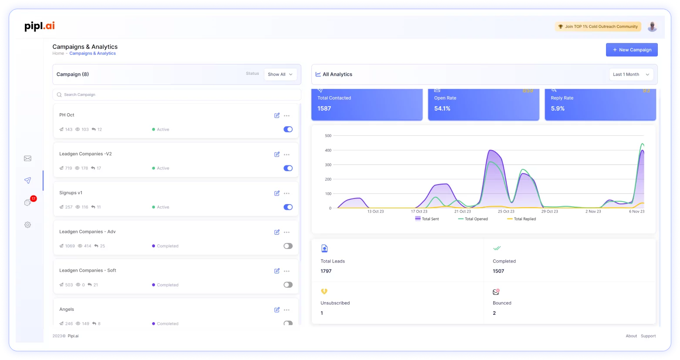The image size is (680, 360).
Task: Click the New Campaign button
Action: (632, 50)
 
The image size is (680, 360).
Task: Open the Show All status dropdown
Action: (280, 74)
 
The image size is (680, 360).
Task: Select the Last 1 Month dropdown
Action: (631, 74)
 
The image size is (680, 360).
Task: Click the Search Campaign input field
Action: (176, 94)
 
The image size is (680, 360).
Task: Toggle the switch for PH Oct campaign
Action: (288, 129)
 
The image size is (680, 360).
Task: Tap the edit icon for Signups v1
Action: (277, 193)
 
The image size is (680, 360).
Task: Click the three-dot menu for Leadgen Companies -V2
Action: (286, 155)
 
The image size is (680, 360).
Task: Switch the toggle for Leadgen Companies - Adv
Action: (288, 246)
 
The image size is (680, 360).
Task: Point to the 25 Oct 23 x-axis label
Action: (506, 212)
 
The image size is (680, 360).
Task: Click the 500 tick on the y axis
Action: (328, 136)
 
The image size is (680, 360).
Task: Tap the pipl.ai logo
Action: (40, 26)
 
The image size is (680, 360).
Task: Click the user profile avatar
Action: (652, 27)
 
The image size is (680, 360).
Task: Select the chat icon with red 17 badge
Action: (28, 202)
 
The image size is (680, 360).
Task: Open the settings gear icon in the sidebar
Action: (27, 225)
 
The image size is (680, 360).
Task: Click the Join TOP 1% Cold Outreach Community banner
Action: (598, 27)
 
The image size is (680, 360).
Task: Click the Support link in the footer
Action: (648, 336)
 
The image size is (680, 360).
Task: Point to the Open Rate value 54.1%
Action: (442, 108)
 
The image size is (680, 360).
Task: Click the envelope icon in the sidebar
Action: (27, 158)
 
